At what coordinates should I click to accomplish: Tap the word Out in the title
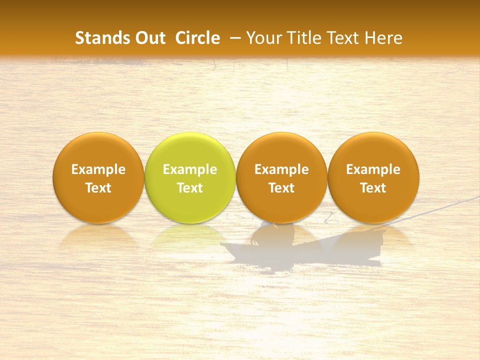(149, 38)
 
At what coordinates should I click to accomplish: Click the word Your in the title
(262, 38)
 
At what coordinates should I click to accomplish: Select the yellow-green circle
(190, 177)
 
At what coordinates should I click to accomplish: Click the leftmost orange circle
(98, 177)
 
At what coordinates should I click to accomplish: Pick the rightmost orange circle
(373, 177)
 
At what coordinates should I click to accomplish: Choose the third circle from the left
(281, 177)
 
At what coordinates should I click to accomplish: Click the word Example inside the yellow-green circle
(190, 170)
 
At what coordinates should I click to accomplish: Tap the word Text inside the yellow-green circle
(190, 188)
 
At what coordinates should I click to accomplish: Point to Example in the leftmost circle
(98, 170)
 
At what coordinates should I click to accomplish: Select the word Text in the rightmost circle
(373, 188)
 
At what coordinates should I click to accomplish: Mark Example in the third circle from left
(281, 170)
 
